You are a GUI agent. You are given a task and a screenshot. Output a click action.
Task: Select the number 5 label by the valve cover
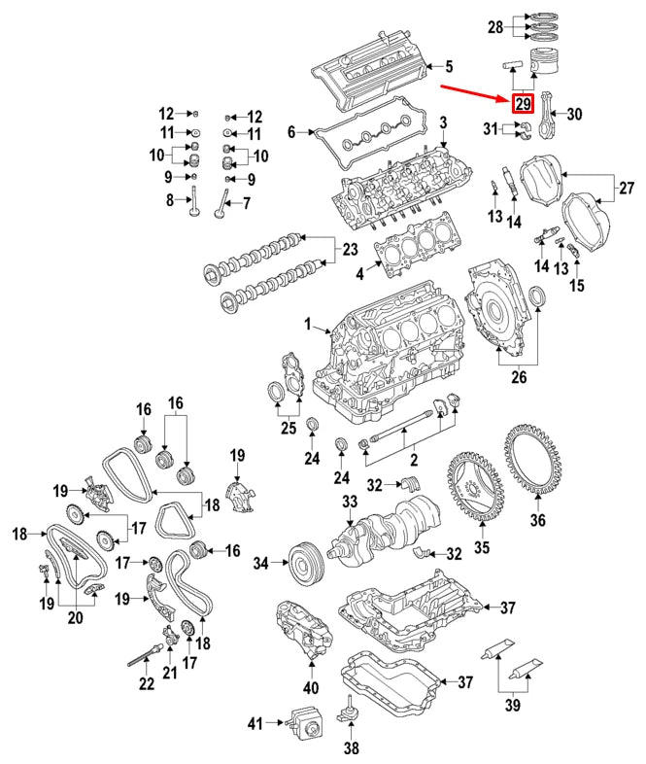(x=449, y=67)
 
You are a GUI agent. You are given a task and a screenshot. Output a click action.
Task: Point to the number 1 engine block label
(x=309, y=322)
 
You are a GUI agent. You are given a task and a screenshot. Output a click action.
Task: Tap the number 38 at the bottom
(x=351, y=748)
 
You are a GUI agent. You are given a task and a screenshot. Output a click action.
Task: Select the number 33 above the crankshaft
(x=350, y=502)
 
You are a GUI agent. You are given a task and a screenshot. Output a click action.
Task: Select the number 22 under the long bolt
(x=145, y=684)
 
